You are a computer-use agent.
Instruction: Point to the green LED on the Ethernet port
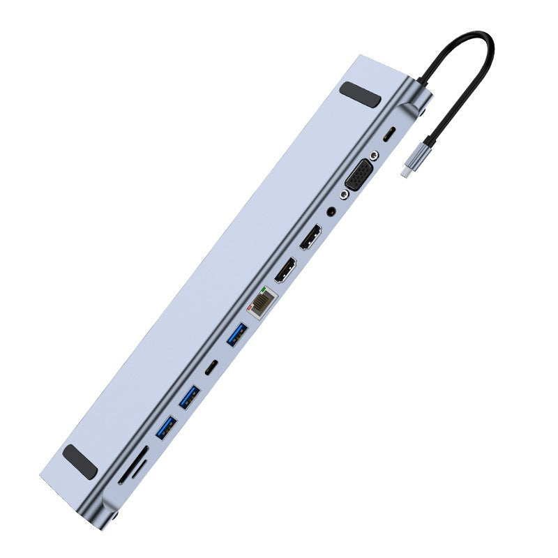click(x=262, y=289)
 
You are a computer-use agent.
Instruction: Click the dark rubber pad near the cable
click(x=361, y=94)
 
